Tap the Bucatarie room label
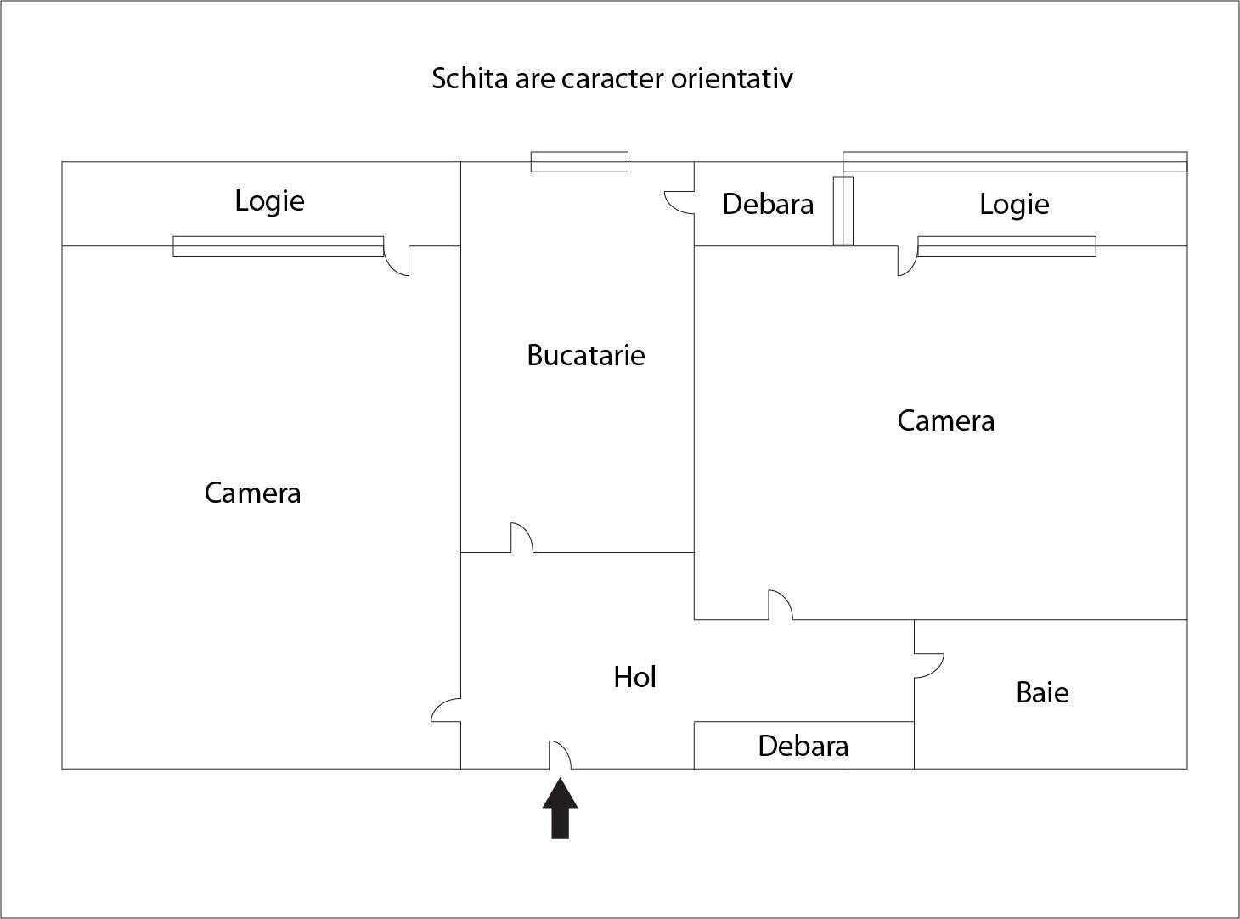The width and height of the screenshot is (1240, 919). coord(586,355)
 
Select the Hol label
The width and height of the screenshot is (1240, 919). coord(634,677)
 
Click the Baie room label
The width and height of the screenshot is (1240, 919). coord(1042,692)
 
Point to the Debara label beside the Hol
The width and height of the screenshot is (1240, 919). coord(803,746)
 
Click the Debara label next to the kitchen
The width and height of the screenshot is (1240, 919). coord(768,204)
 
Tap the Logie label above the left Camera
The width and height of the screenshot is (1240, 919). coord(269,201)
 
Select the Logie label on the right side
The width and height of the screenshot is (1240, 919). coord(1014,205)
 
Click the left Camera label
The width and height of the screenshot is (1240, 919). coord(253,493)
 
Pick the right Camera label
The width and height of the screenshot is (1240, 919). coord(946,420)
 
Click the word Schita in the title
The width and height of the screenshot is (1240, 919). coord(470,78)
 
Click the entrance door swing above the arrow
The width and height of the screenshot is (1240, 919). coord(560,755)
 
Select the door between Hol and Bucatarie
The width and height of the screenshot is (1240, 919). coord(521,538)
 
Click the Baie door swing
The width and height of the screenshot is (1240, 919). coord(929,666)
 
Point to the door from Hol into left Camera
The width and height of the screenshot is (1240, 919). coord(446,710)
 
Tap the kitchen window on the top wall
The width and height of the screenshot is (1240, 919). coord(579,161)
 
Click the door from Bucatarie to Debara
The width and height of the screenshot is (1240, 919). coord(679,202)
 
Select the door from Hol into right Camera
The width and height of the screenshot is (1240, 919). coord(781,605)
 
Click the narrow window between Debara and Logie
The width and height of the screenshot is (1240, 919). coord(843,211)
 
